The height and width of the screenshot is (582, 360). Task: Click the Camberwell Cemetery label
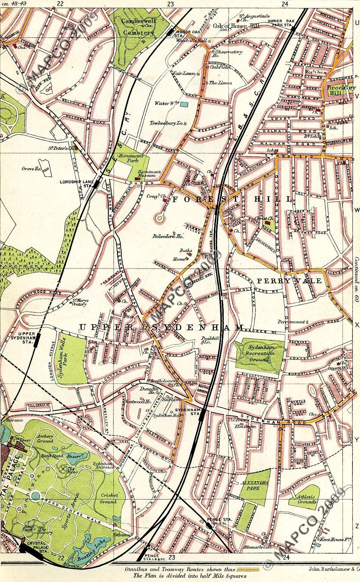coord(139,27)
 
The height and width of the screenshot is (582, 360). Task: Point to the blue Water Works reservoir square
coord(184,104)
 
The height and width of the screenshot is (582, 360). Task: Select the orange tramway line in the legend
coord(248,569)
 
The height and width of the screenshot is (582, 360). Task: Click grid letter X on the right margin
coord(356,325)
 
